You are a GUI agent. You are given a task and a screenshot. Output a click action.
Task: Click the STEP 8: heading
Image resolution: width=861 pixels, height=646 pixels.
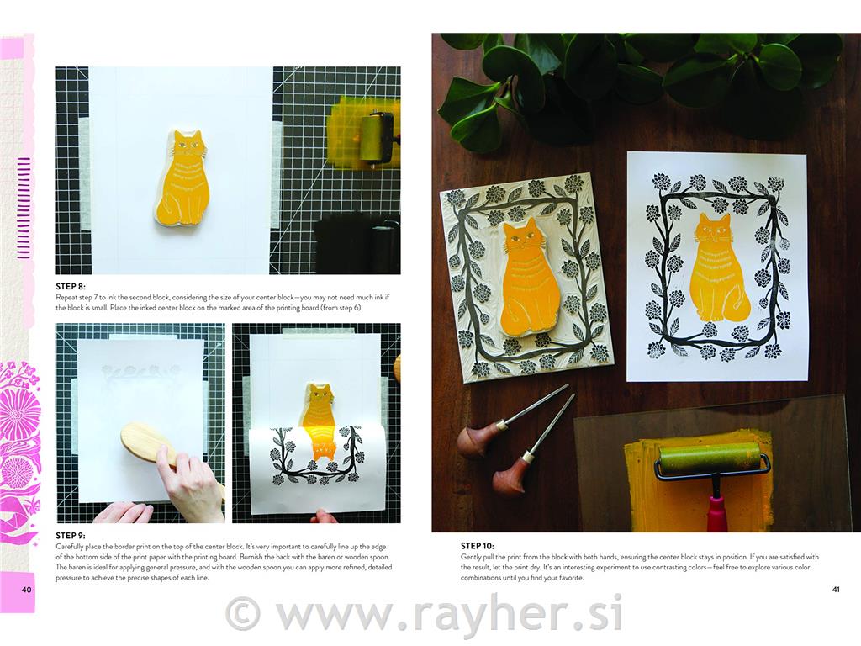(71, 286)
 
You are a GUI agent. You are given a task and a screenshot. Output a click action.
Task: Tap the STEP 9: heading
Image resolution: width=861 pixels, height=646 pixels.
(71, 536)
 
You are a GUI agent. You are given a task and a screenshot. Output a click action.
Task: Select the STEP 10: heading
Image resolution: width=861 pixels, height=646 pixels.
(478, 546)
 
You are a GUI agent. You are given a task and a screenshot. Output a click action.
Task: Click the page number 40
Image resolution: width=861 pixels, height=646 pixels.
(26, 590)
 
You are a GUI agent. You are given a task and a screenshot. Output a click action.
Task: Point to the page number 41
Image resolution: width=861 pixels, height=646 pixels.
(836, 590)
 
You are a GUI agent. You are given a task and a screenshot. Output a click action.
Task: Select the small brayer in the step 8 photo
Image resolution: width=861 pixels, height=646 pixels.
(374, 137)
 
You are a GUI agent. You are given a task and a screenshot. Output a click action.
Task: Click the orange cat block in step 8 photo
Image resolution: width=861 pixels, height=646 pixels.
(182, 178)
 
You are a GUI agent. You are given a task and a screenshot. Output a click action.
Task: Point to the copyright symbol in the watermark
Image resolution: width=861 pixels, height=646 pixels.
(241, 613)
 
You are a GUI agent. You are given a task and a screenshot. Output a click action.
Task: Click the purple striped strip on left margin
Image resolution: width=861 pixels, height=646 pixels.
(23, 208)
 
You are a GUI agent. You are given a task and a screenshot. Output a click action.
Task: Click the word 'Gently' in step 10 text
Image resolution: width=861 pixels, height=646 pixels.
(471, 557)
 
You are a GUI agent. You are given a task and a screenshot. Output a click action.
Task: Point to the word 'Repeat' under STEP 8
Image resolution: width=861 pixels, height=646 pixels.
(66, 297)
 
